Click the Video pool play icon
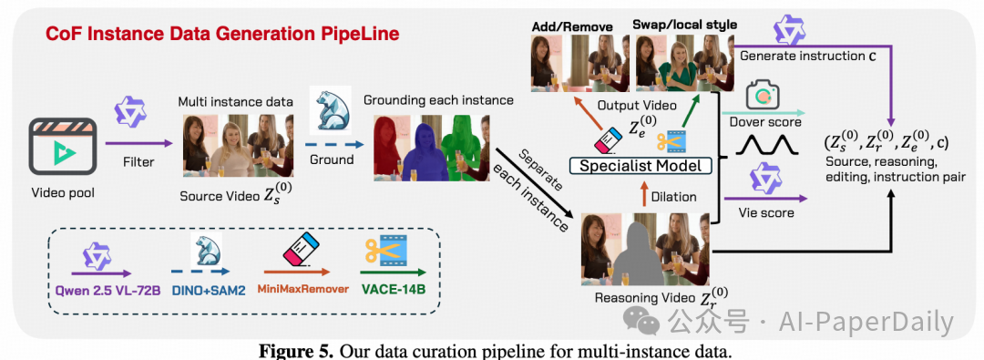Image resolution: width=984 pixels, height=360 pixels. pos(62,149)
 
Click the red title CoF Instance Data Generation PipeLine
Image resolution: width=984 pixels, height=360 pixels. pos(221,34)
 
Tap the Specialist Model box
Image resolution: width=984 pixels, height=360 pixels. pos(642,166)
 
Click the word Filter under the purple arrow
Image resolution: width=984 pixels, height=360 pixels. pos(138,162)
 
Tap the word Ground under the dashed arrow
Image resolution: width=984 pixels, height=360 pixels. pos(332,159)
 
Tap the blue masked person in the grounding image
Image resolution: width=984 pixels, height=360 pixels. pos(425,153)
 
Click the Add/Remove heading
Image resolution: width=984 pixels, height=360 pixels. pos(562,26)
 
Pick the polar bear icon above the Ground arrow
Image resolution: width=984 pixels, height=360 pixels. pos(332,112)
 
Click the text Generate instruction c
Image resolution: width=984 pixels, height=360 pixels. pos(808,56)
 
